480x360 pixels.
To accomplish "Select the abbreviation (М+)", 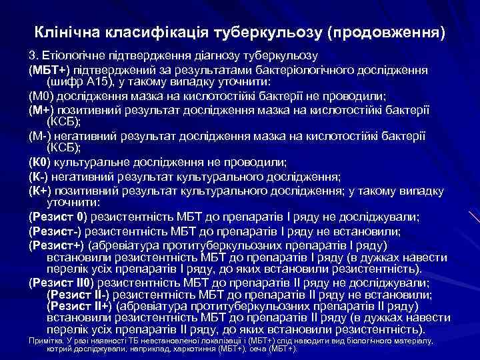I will (42, 110).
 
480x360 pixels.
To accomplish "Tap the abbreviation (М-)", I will (41, 136).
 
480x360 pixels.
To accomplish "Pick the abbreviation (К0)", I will (40, 162).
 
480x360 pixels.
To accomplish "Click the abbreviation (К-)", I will (39, 177).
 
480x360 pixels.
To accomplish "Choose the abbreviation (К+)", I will (41, 191).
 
